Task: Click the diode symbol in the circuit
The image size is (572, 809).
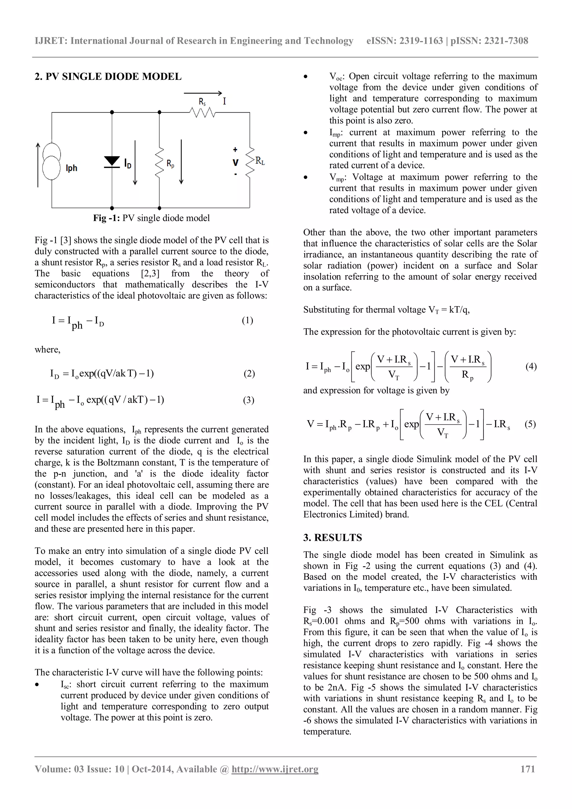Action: point(112,162)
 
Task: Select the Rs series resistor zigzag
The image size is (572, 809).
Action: point(202,113)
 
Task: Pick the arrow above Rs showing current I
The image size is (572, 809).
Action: point(202,93)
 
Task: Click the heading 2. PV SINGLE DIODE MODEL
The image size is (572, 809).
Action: point(108,77)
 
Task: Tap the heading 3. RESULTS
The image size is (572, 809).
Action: point(332,537)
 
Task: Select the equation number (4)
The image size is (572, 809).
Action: point(531,367)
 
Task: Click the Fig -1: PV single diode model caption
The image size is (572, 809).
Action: point(151,218)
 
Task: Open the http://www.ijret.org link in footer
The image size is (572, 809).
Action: point(275,769)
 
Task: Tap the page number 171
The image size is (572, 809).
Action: point(528,769)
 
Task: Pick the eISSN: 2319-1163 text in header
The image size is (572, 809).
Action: point(404,41)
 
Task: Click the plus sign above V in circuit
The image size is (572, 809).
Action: point(235,149)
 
